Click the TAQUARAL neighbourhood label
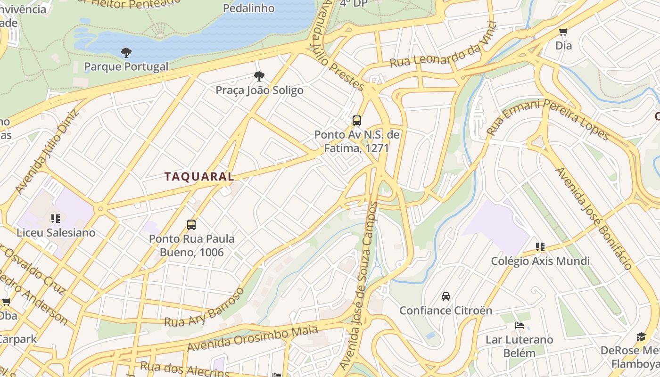coord(199,177)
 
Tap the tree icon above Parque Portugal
coord(126,52)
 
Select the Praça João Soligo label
coord(259,90)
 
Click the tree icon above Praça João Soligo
coord(259,76)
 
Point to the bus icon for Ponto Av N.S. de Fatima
coord(357,120)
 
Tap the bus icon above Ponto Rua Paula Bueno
coord(191,224)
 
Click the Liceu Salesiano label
coord(56,232)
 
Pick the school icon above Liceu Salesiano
coord(55,218)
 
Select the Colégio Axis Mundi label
coord(540,261)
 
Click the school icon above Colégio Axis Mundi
coord(540,246)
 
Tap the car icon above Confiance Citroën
coord(445,296)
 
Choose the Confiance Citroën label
coord(445,311)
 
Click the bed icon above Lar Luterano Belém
coord(519,325)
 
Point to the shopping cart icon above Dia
coord(563,32)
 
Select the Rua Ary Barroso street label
coord(205,307)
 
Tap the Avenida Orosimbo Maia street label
coord(252,338)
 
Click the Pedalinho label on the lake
coord(248,8)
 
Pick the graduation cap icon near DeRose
coord(641,336)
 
